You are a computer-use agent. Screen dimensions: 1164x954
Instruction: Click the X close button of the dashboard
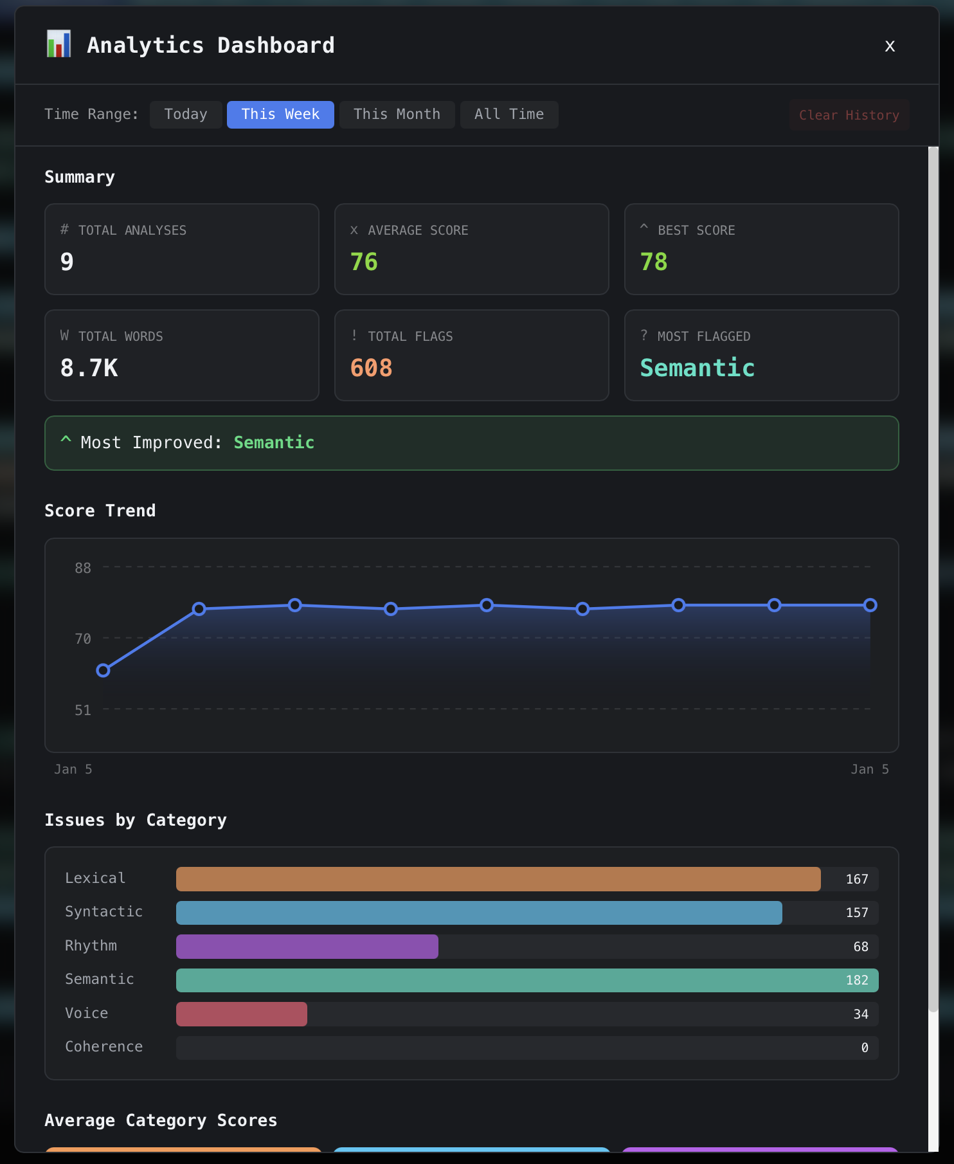click(x=890, y=46)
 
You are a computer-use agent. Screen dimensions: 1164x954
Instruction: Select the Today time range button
click(x=186, y=114)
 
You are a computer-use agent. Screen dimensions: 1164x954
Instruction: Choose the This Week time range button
click(x=280, y=114)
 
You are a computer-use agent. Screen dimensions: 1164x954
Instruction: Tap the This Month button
click(x=397, y=114)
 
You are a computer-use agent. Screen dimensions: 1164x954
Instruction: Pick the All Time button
click(x=509, y=114)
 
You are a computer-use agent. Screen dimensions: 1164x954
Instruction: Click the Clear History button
click(x=849, y=115)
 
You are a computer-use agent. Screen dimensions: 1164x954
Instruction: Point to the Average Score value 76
click(x=364, y=262)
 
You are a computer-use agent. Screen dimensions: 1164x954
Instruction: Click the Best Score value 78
click(x=654, y=262)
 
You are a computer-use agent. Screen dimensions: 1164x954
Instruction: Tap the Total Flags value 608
click(x=371, y=368)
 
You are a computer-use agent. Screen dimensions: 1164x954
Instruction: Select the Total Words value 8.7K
click(x=89, y=368)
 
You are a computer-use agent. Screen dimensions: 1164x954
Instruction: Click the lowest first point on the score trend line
click(x=103, y=671)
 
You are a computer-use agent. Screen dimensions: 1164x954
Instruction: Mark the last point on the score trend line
click(x=870, y=605)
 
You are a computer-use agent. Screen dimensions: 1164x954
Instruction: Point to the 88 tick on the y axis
click(x=83, y=568)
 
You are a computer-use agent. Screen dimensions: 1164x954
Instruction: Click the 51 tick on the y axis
click(x=83, y=710)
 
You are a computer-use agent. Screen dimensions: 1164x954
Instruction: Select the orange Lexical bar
click(x=498, y=879)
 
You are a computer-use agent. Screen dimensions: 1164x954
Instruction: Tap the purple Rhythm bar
click(x=307, y=947)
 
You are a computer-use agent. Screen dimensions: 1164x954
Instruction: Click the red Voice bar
click(x=242, y=1014)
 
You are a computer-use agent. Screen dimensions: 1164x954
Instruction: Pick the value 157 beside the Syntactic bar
click(x=856, y=913)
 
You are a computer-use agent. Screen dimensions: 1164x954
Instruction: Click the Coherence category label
click(x=104, y=1046)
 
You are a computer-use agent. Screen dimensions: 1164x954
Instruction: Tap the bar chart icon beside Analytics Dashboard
click(x=59, y=44)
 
